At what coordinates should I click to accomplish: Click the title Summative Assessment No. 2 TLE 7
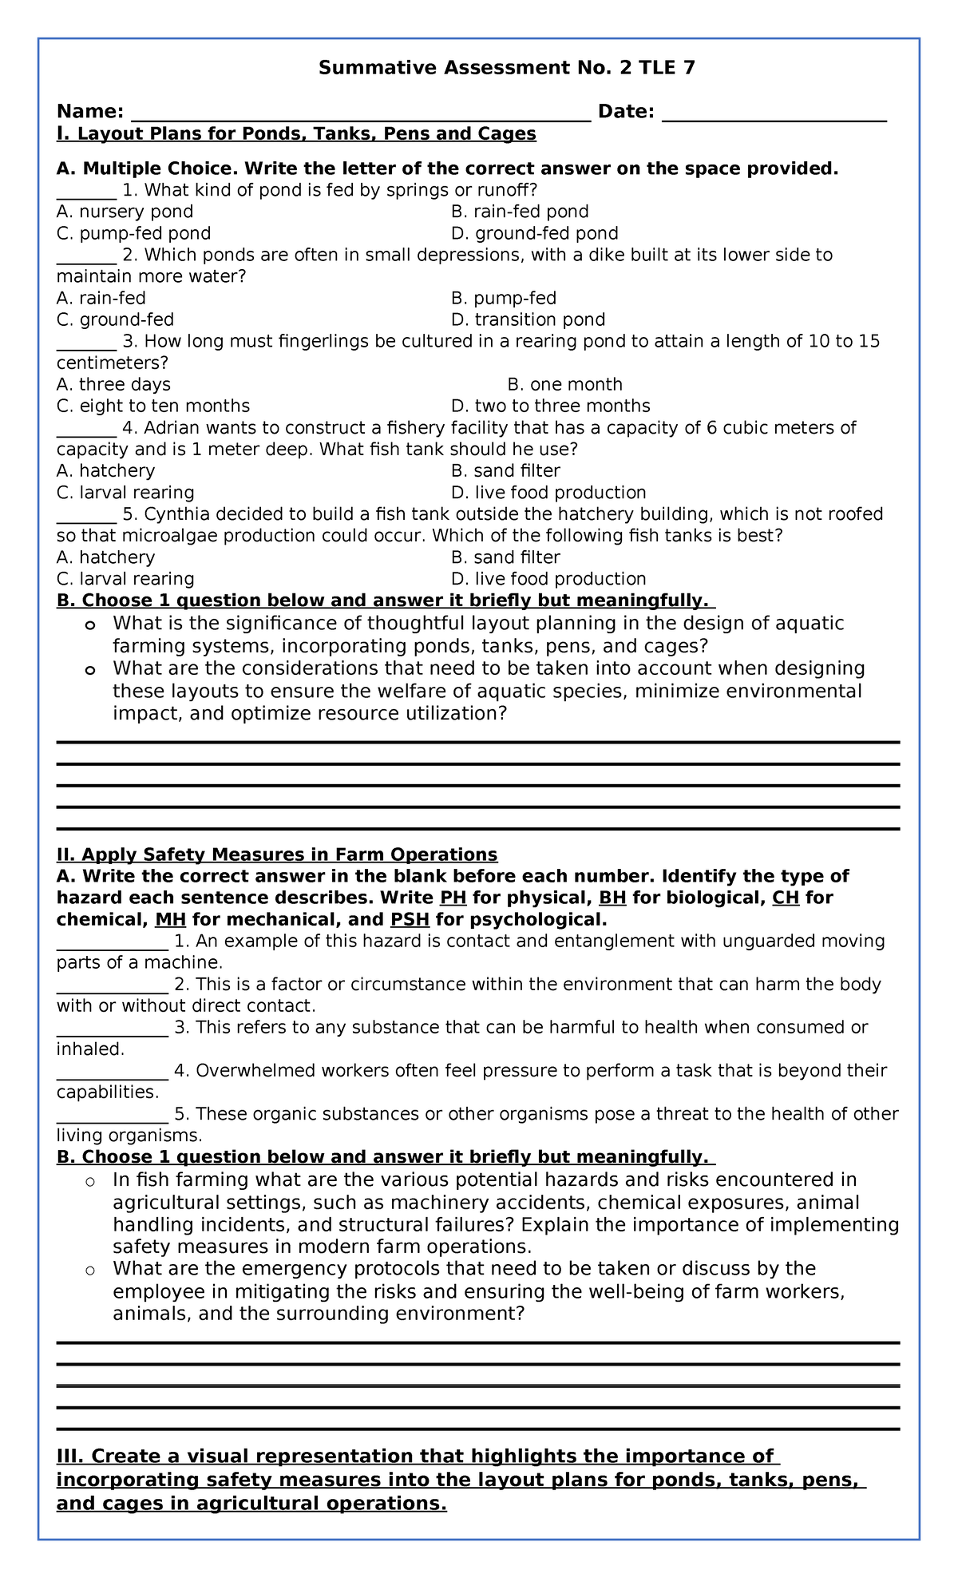(x=507, y=68)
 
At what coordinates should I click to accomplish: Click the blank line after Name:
(x=360, y=113)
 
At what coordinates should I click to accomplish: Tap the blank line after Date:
(x=774, y=113)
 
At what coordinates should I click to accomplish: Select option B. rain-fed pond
(x=520, y=212)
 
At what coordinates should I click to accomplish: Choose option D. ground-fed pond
(x=534, y=233)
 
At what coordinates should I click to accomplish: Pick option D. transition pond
(x=528, y=319)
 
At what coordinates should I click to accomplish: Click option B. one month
(x=564, y=384)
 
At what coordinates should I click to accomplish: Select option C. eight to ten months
(x=153, y=406)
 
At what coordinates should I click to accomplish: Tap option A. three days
(x=113, y=384)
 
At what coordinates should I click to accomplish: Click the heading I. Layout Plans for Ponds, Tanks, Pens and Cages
(x=296, y=133)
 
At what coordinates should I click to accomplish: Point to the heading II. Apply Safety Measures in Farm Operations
(x=277, y=854)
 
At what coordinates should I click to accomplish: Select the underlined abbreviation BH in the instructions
(x=612, y=898)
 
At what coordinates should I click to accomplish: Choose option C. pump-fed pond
(x=133, y=233)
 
